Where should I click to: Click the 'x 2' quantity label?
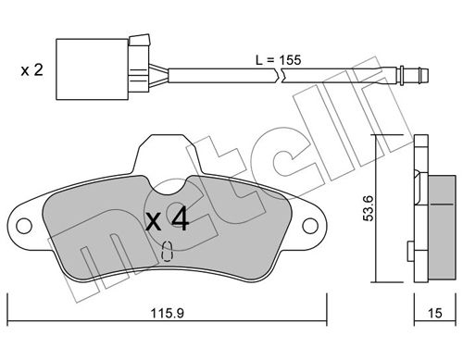pos(31,70)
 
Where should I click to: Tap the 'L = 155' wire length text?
pos(278,60)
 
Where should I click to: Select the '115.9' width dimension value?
pos(168,314)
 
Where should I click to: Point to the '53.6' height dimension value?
pos(369,208)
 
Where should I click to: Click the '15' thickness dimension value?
pos(435,314)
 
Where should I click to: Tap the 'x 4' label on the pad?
pos(167,219)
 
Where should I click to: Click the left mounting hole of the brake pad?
pos(24,226)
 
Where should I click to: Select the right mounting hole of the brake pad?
pos(310,226)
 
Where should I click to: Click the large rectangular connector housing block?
pos(92,69)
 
